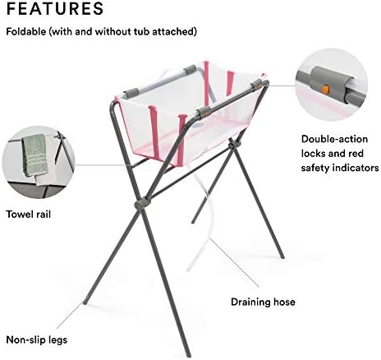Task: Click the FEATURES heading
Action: pyautogui.click(x=55, y=8)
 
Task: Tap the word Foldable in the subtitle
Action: pyautogui.click(x=26, y=31)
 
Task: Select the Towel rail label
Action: pyautogui.click(x=29, y=214)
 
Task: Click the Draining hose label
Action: pyautogui.click(x=263, y=302)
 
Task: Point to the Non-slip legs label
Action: pyautogui.click(x=37, y=340)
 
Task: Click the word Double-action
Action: pyautogui.click(x=334, y=139)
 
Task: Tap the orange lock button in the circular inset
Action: pyautogui.click(x=325, y=89)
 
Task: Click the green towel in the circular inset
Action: pyautogui.click(x=34, y=155)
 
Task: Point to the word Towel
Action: pyautogui.click(x=19, y=214)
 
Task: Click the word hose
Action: pyautogui.click(x=284, y=302)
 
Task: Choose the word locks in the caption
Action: pyautogui.click(x=314, y=154)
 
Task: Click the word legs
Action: pyautogui.click(x=57, y=340)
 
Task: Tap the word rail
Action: pyautogui.click(x=43, y=214)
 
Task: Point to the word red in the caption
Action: pyautogui.click(x=356, y=154)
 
